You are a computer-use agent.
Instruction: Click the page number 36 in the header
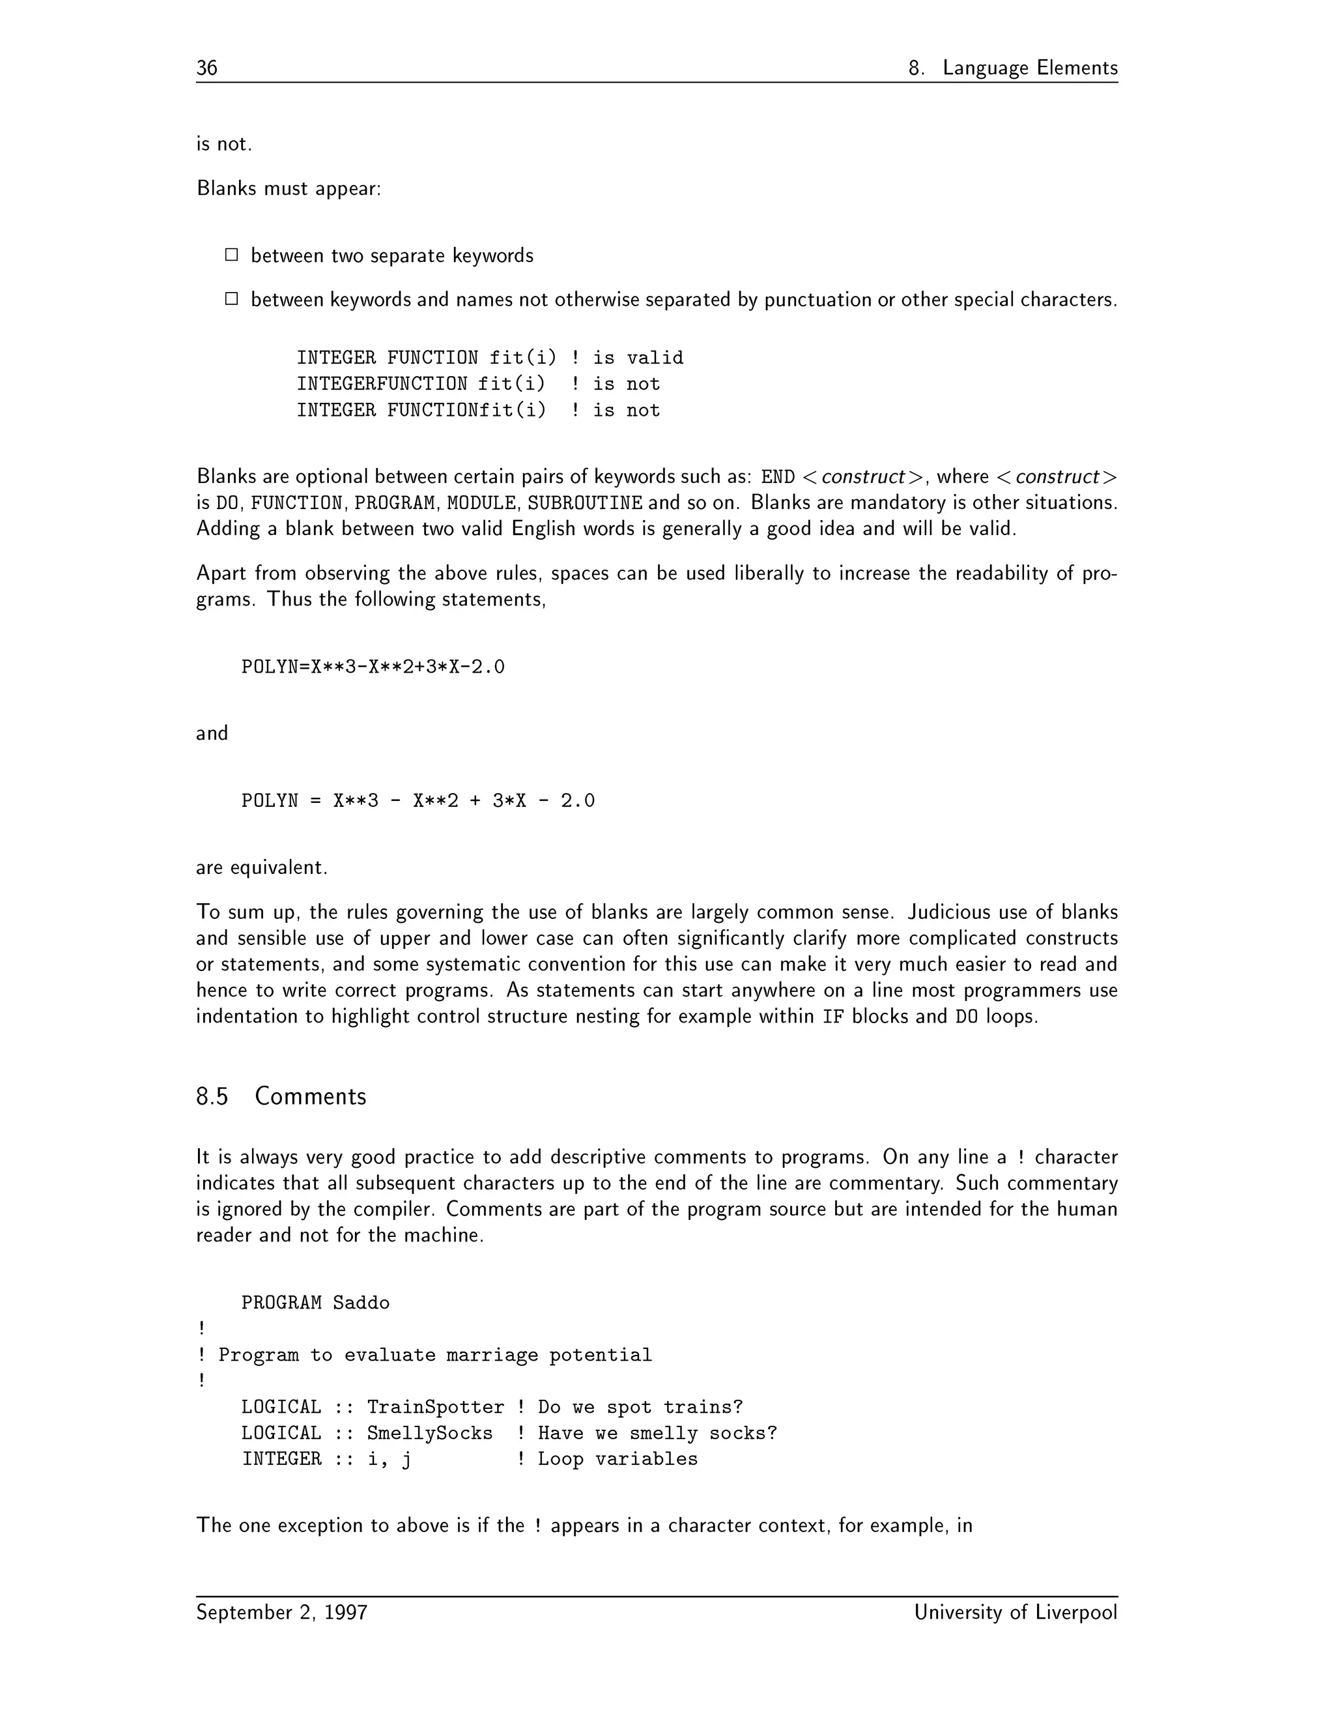coord(207,68)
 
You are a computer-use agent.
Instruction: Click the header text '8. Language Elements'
coord(1012,68)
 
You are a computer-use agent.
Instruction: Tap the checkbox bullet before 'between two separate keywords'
coord(231,255)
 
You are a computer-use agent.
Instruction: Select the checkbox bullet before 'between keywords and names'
coord(231,299)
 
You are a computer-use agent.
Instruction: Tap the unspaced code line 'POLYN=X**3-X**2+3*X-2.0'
coord(373,667)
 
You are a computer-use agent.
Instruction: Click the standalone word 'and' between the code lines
coord(212,734)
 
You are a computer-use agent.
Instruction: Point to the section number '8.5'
coord(212,1097)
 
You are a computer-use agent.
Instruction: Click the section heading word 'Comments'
coord(311,1097)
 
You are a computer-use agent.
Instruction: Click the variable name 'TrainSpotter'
coord(436,1408)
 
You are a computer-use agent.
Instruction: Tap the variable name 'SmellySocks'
coord(430,1434)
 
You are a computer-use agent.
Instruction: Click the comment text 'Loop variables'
coord(618,1460)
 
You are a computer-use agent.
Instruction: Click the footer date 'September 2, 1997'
coord(282,1612)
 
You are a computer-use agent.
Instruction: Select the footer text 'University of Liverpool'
coord(1015,1612)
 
